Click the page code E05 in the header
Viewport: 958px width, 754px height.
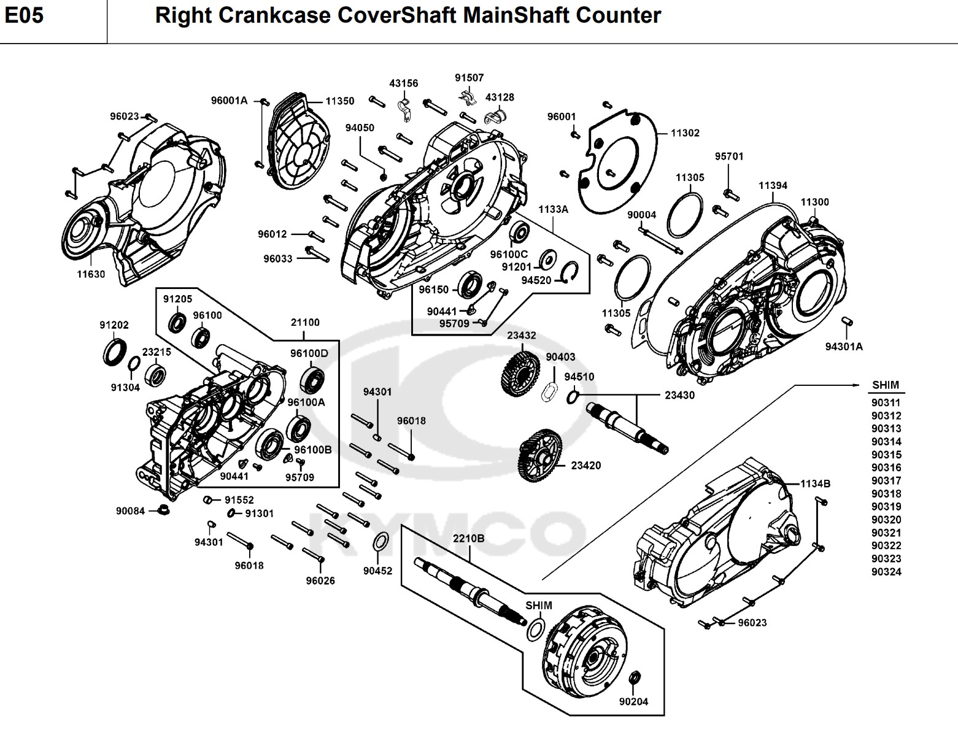pos(25,15)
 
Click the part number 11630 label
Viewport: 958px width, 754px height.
pos(91,274)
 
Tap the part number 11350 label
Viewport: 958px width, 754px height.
pos(339,101)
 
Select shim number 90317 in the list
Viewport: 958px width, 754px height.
pos(886,480)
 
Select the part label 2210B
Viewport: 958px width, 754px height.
pos(469,539)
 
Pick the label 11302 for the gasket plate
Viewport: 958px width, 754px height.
pos(685,133)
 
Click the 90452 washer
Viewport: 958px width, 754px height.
pos(380,543)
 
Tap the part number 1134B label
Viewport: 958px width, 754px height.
pos(815,483)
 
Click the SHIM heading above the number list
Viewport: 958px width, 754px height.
pos(886,385)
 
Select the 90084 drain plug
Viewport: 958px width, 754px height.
pos(163,509)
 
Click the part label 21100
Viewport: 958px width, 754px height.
pos(305,322)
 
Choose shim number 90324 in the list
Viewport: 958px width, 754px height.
pos(886,572)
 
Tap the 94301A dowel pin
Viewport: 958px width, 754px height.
pos(846,321)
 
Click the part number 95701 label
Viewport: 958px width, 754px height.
pos(729,156)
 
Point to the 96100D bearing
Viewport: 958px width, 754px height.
pos(312,380)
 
